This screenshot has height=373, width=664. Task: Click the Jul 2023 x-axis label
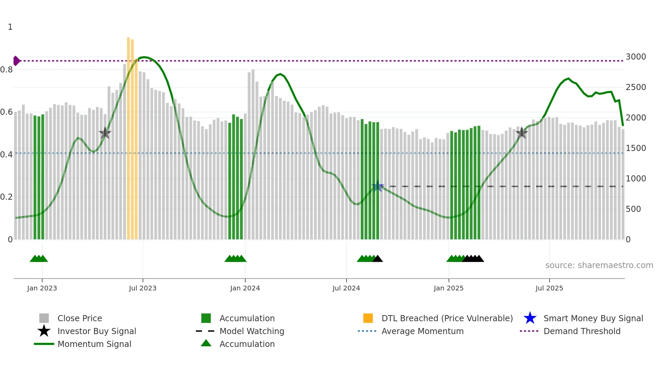(x=143, y=288)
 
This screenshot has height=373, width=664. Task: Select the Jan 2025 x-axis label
(x=449, y=288)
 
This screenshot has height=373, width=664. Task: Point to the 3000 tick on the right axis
(x=636, y=57)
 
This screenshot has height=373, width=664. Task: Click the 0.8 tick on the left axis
(x=7, y=70)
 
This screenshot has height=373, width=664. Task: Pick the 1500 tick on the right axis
(x=636, y=148)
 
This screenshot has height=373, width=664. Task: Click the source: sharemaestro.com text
(x=599, y=265)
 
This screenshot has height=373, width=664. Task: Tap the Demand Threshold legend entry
(x=582, y=331)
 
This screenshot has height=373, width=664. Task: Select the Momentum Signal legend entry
(x=94, y=344)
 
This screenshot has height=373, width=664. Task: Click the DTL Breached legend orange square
(x=368, y=318)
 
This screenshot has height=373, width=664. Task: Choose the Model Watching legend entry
(x=251, y=331)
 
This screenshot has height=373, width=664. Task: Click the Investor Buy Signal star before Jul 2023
(x=105, y=133)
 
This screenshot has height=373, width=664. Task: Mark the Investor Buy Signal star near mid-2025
(x=522, y=133)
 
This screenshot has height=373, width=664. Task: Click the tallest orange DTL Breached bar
(x=128, y=135)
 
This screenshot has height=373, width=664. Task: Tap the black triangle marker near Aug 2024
(x=378, y=259)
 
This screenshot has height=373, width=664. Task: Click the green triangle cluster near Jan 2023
(x=39, y=259)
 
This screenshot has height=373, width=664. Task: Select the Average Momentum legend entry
(x=422, y=331)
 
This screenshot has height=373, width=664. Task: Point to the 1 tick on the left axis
(x=10, y=27)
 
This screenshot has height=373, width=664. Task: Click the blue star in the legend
(x=530, y=318)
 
